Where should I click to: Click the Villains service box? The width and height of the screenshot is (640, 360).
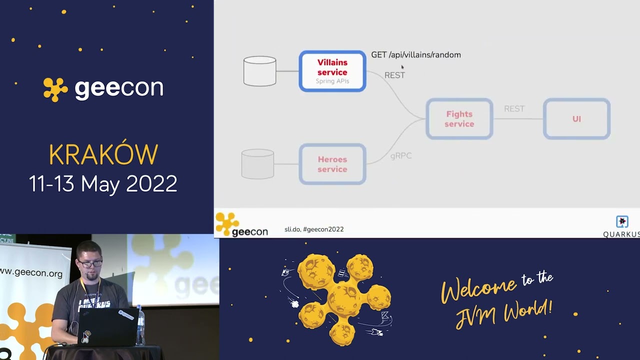[332, 71]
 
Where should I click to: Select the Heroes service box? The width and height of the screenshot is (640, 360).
[332, 164]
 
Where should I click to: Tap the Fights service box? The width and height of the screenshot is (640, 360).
[459, 119]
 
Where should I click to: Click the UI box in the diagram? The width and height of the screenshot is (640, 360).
[576, 119]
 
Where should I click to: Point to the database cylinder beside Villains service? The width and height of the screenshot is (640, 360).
[259, 71]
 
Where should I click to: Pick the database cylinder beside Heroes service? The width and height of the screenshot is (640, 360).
[257, 164]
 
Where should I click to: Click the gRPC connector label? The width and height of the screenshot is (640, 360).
[401, 156]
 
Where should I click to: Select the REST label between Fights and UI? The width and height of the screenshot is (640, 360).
[514, 108]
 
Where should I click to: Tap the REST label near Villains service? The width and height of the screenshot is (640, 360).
[394, 75]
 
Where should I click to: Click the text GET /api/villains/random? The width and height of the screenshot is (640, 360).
[416, 55]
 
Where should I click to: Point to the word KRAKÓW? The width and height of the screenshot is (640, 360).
[103, 155]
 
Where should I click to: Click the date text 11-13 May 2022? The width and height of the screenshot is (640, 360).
[103, 184]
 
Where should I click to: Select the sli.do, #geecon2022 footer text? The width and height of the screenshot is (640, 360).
[314, 229]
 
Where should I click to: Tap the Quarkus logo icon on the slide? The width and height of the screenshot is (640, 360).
[622, 221]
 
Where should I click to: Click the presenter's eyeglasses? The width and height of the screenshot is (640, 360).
[90, 263]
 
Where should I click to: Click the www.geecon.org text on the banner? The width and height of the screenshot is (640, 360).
[31, 273]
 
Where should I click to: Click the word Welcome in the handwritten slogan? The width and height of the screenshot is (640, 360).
[478, 289]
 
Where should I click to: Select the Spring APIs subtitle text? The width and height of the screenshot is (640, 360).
[332, 81]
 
